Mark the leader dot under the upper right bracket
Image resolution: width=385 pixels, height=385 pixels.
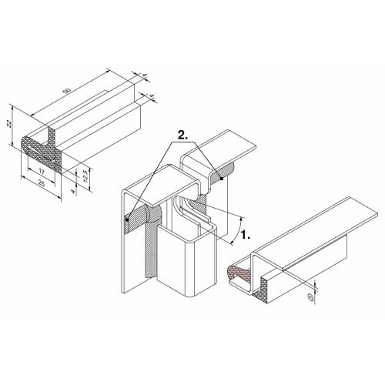(222, 179)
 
